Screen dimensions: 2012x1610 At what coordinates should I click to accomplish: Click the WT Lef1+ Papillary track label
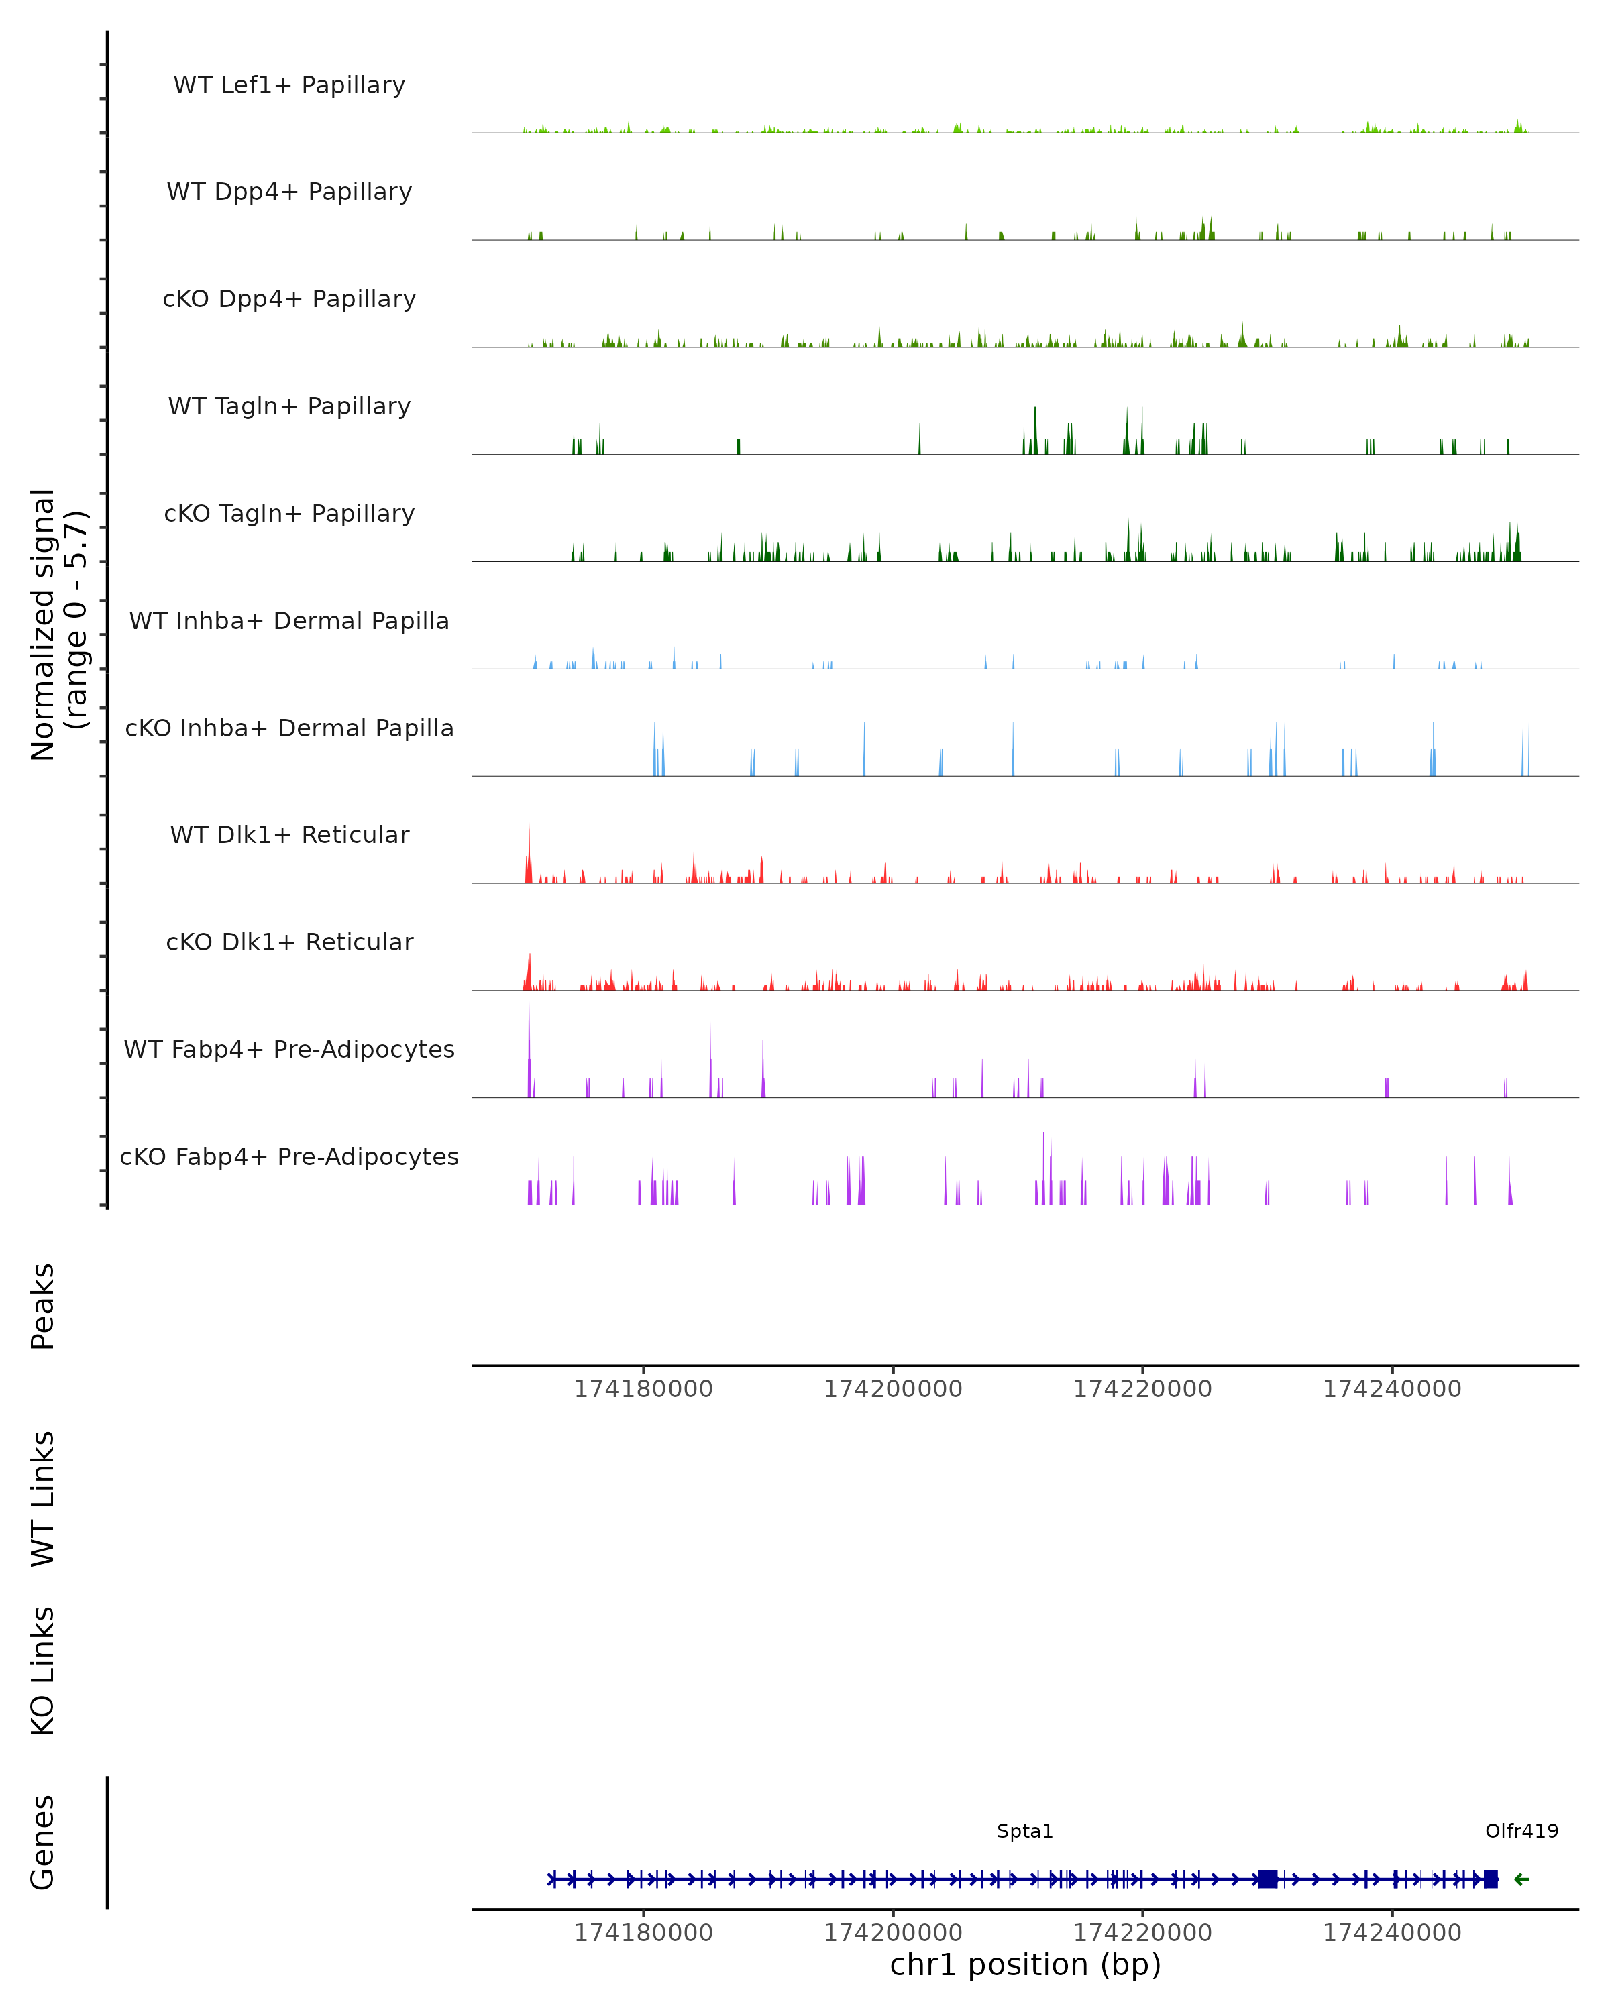(x=289, y=85)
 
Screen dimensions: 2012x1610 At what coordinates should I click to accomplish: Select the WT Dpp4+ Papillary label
(x=289, y=192)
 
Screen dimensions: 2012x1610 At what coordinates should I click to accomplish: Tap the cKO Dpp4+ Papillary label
(x=289, y=300)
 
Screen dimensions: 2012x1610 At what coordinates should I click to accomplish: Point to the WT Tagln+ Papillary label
(x=289, y=407)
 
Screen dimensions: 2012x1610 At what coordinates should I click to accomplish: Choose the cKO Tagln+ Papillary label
(x=289, y=514)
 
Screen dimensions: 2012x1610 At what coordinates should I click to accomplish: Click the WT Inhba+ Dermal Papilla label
(x=289, y=622)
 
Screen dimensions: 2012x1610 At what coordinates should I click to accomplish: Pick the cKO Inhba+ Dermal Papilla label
(x=289, y=729)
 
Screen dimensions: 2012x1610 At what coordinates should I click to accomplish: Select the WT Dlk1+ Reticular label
(x=289, y=835)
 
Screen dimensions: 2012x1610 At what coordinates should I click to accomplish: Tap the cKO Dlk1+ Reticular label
(x=289, y=942)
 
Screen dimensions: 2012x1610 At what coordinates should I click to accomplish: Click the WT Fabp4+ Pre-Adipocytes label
(x=289, y=1050)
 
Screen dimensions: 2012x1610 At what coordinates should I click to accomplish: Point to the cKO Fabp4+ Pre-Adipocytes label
(x=289, y=1157)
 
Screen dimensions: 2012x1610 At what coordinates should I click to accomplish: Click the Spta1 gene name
(x=1025, y=1831)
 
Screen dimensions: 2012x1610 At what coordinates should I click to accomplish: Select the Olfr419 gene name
(x=1521, y=1831)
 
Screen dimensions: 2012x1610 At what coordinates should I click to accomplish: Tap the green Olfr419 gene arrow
(x=1521, y=1879)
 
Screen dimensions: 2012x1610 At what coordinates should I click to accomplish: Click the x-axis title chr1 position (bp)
(x=1025, y=1965)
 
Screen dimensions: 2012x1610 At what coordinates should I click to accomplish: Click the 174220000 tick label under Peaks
(x=1142, y=1390)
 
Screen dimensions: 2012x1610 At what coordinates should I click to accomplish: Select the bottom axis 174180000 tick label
(x=643, y=1933)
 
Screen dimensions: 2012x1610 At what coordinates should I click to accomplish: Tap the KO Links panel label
(x=43, y=1671)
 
